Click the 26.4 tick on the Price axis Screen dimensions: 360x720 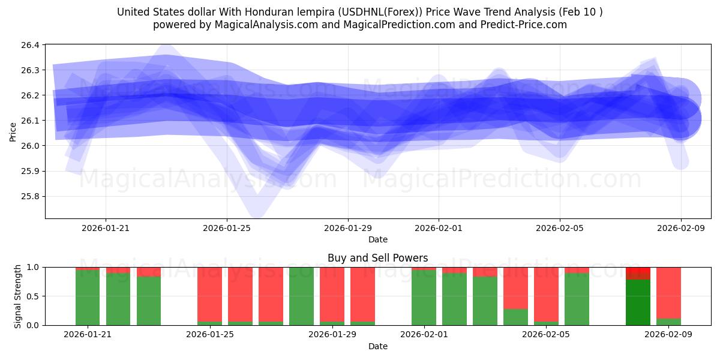[32, 45]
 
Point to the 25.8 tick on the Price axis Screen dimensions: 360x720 [32, 196]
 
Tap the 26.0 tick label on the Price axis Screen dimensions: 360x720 [32, 146]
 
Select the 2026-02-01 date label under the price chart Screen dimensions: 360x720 [439, 228]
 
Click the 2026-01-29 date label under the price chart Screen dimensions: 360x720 [348, 228]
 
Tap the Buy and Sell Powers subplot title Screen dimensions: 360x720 [378, 258]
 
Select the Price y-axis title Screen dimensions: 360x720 [13, 131]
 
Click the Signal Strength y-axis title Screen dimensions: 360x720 [18, 296]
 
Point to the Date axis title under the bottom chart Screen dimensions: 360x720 [378, 346]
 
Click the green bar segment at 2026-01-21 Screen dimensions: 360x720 [88, 298]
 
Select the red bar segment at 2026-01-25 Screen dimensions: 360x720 [209, 294]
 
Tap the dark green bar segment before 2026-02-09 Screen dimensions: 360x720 [638, 302]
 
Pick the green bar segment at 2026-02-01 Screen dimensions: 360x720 [424, 298]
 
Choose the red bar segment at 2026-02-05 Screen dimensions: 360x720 [546, 294]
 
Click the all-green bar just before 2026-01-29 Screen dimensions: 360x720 [301, 296]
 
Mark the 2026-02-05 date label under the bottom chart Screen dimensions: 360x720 [546, 334]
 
